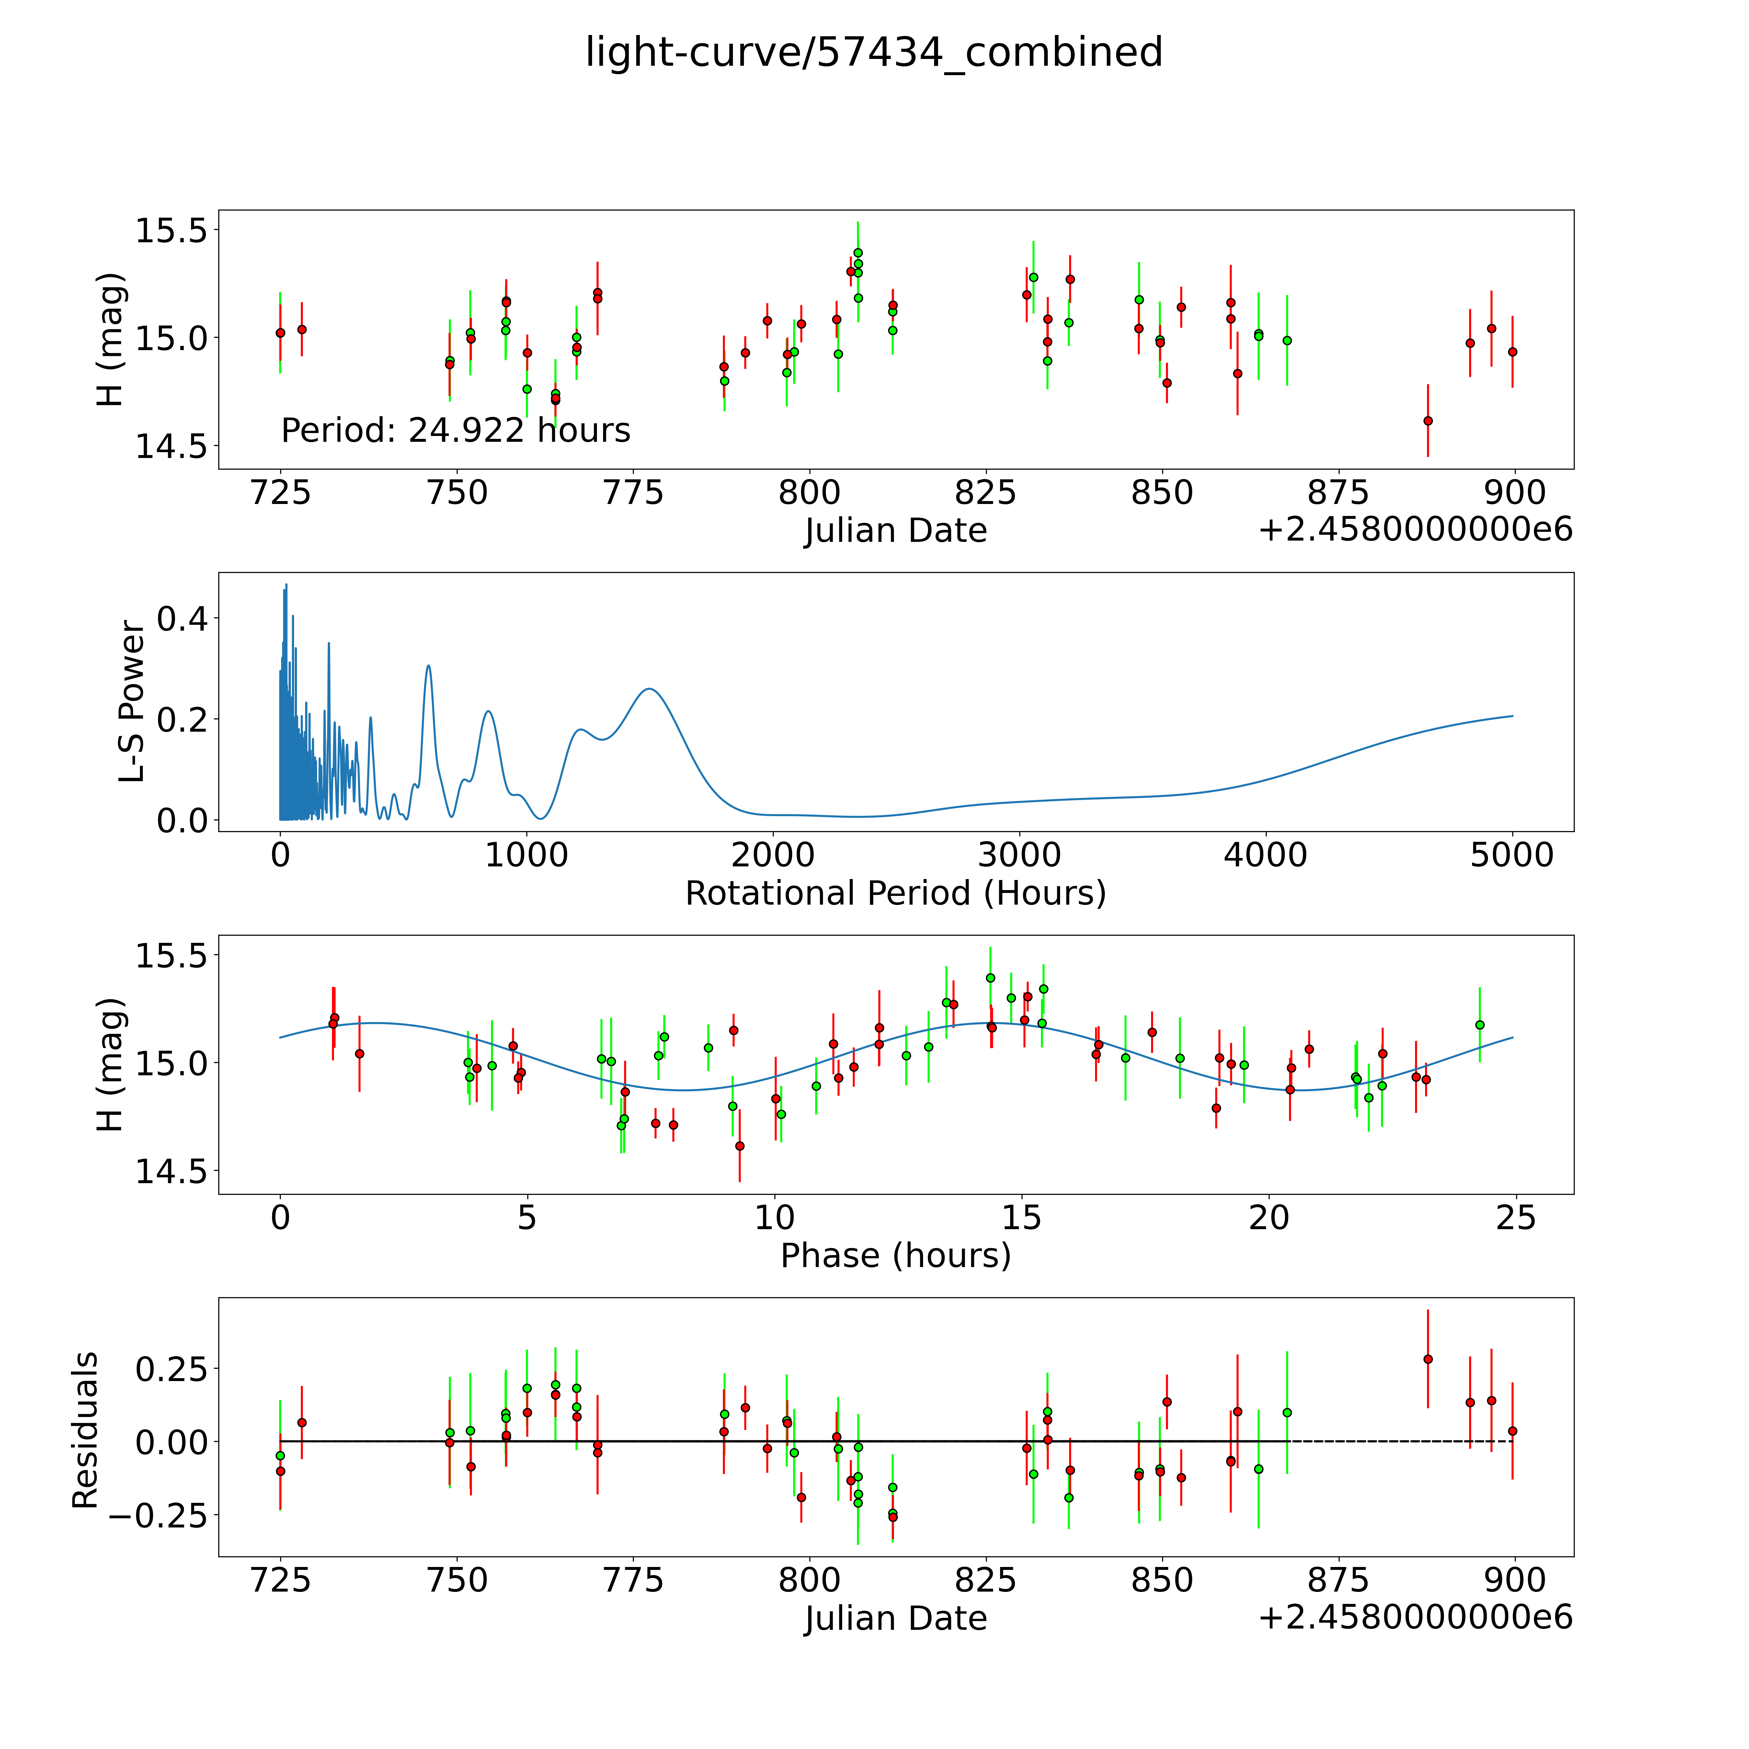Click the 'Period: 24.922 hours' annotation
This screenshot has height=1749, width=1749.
pos(455,430)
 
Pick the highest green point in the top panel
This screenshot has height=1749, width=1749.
pos(857,253)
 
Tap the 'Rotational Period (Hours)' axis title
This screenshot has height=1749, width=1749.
pos(895,894)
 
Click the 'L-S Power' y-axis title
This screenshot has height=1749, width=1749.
pos(132,702)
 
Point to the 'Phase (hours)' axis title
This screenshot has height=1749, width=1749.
pos(895,1256)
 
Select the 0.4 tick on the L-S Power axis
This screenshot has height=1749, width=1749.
pos(182,619)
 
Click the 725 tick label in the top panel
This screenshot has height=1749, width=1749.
pos(280,493)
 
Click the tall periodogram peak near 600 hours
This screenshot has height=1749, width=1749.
pos(428,666)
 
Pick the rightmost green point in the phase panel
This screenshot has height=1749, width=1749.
pos(1479,1025)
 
